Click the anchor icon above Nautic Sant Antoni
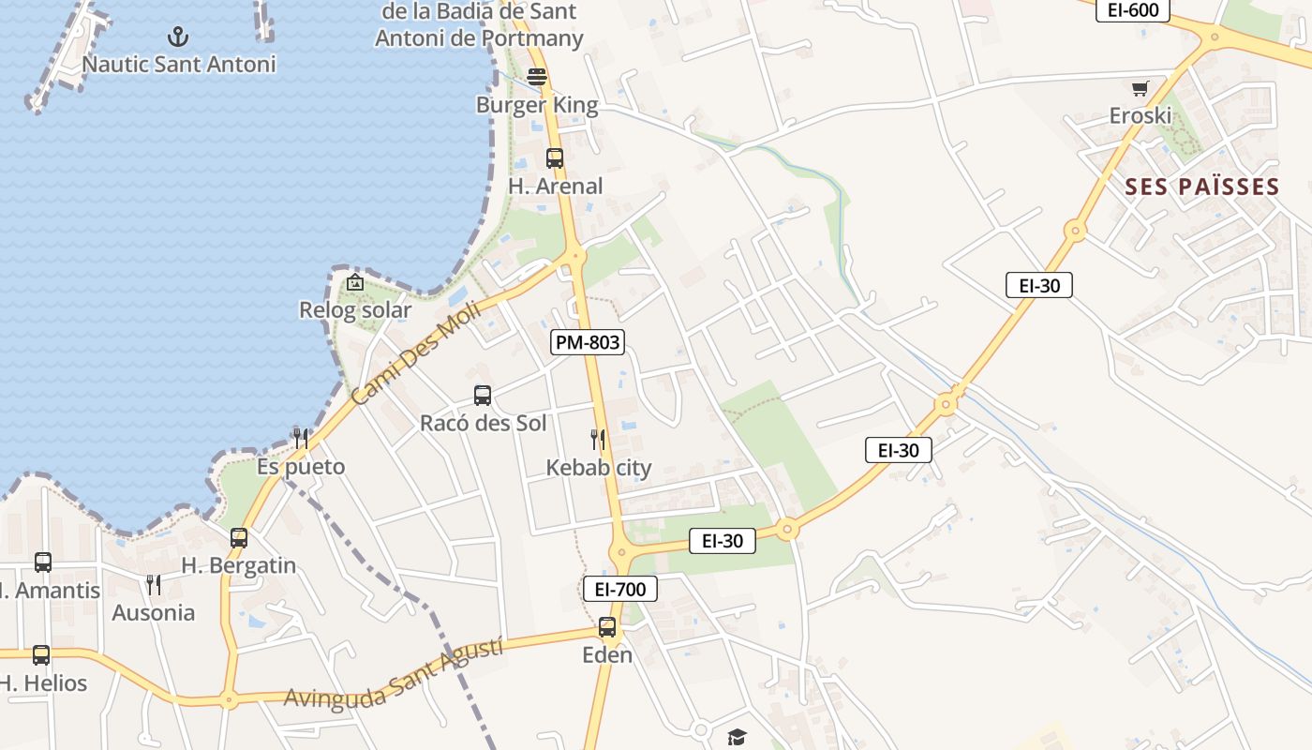pos(177,37)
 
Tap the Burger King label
pos(537,105)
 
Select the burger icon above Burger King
pos(537,77)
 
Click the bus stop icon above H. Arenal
pos(555,158)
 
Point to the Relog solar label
pos(355,310)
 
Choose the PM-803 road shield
pos(588,342)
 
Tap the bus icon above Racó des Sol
pos(483,396)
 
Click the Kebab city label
pos(599,468)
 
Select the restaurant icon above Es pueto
pos(300,438)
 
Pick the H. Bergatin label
pos(238,566)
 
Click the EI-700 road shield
pos(620,589)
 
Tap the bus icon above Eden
pos(607,627)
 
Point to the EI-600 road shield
pos(1133,10)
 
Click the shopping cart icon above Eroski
pos(1141,89)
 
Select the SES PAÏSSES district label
pos(1202,187)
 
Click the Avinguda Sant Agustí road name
pos(394,674)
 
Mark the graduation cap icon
pos(737,738)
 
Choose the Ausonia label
pos(154,613)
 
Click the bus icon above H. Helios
pos(41,655)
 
